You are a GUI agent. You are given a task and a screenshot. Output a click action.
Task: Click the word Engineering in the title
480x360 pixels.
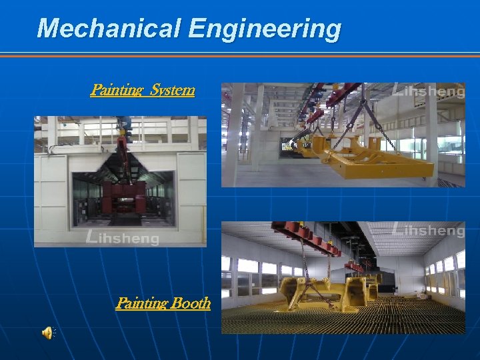[265, 29]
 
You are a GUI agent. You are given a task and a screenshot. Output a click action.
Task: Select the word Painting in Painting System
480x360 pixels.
[117, 89]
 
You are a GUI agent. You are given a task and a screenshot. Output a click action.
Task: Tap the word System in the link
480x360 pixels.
[173, 89]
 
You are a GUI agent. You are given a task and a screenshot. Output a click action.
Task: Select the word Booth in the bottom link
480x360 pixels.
[191, 303]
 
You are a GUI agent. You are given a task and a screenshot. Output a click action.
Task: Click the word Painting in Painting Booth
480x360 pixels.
[141, 303]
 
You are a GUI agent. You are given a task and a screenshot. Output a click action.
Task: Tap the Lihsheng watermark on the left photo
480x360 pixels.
[123, 236]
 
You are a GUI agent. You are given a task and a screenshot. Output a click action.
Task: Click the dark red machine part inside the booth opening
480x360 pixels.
[123, 197]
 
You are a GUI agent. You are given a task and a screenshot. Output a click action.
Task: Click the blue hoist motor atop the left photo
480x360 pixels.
[124, 123]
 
